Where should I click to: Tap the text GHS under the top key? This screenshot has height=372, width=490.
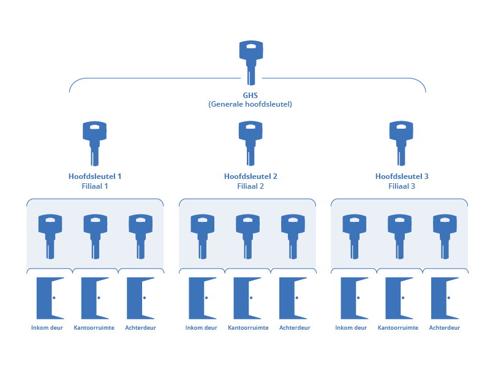click(251, 96)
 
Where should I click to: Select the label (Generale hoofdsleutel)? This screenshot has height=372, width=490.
click(250, 104)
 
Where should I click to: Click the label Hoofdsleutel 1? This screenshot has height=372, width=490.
click(94, 177)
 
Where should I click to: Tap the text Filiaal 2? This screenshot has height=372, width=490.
click(251, 186)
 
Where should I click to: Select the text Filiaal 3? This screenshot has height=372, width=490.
click(401, 186)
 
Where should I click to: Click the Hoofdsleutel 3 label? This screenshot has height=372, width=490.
click(401, 177)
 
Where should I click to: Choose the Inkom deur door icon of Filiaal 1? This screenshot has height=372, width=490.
click(50, 298)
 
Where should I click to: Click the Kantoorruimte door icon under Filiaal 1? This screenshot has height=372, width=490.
click(94, 298)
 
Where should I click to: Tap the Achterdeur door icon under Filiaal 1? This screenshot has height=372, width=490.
click(140, 298)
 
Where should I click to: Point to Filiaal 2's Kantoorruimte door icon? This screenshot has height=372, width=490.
click(247, 298)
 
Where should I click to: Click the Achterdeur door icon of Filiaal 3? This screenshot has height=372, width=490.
click(445, 298)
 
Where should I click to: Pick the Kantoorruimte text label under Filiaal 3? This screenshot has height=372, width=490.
click(398, 328)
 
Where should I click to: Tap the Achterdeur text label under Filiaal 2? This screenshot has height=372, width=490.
click(295, 328)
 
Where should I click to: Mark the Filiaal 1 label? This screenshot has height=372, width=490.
click(94, 186)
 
